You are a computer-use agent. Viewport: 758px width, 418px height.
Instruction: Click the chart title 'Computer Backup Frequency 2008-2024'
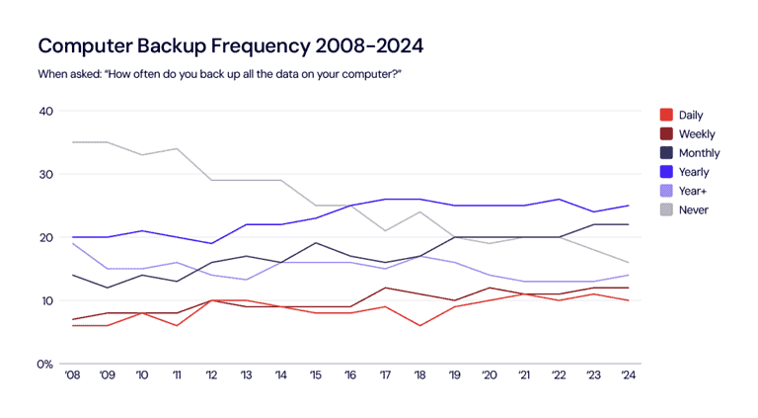tap(231, 46)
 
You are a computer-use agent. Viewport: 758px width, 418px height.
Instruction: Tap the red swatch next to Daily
tap(666, 116)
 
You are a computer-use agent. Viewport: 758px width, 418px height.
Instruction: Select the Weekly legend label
tap(697, 134)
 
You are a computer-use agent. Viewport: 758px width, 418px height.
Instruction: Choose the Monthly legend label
tap(699, 153)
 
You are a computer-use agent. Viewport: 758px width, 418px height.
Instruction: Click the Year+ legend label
tap(693, 191)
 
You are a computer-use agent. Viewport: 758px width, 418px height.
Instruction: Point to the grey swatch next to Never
tap(666, 209)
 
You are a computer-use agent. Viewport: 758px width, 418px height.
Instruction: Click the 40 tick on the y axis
tap(45, 111)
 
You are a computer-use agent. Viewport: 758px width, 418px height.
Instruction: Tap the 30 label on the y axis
tap(45, 174)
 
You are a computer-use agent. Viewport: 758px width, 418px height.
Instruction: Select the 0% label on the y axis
tap(43, 364)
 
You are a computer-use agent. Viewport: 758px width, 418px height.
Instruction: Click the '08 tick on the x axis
tap(72, 376)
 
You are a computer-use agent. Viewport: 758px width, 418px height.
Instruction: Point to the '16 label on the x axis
tap(351, 376)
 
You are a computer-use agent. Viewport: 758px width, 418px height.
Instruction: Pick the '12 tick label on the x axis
tap(212, 376)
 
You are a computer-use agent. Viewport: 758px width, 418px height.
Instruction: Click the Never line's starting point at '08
tap(72, 142)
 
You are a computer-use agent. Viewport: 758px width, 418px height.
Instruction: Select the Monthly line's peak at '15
tap(317, 243)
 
